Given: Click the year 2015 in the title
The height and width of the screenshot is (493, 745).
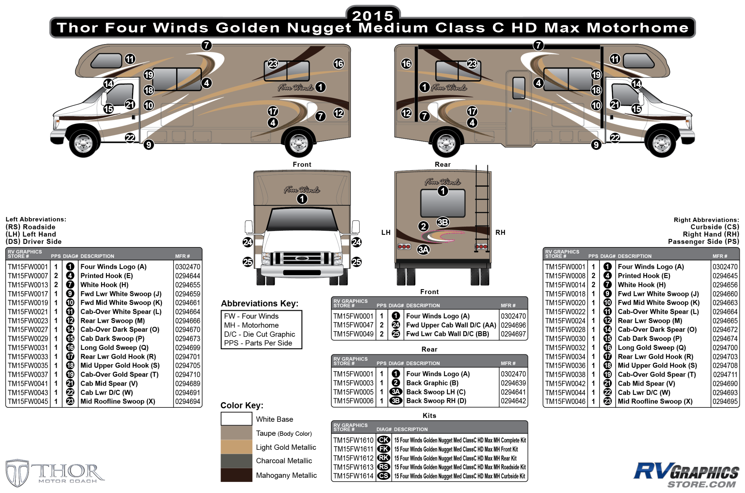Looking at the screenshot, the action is pyautogui.click(x=372, y=16).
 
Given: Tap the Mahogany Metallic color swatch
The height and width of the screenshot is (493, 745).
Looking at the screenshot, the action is pyautogui.click(x=236, y=475).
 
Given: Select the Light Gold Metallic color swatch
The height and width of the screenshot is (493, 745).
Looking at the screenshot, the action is pyautogui.click(x=236, y=447).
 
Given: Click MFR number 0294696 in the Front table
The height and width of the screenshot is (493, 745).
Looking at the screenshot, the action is pyautogui.click(x=513, y=325).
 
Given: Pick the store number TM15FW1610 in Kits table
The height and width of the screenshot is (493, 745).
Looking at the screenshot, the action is pyautogui.click(x=353, y=440).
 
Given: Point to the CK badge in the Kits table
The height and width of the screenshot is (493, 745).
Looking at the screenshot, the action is pyautogui.click(x=384, y=440).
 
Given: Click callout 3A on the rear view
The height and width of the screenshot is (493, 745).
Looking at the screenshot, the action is pyautogui.click(x=423, y=250).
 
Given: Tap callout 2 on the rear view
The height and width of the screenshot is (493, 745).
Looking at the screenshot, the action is pyautogui.click(x=423, y=226).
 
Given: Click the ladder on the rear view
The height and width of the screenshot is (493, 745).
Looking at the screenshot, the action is pyautogui.click(x=482, y=208).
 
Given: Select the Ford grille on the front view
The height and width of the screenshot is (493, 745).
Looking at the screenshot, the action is pyautogui.click(x=302, y=258).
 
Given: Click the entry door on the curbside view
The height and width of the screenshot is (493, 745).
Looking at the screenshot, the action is pyautogui.click(x=518, y=109).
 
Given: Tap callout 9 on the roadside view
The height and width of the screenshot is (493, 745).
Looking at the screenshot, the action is pyautogui.click(x=149, y=145).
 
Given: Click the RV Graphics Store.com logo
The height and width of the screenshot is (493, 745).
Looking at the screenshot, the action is pyautogui.click(x=686, y=475).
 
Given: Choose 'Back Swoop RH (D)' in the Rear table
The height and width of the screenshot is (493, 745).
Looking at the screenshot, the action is pyautogui.click(x=436, y=401).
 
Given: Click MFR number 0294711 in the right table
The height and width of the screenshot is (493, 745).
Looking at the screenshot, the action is pyautogui.click(x=725, y=374).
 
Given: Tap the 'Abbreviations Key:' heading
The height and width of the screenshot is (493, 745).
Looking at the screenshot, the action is pyautogui.click(x=260, y=303).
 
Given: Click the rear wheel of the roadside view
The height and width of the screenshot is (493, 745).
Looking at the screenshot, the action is pyautogui.click(x=299, y=143).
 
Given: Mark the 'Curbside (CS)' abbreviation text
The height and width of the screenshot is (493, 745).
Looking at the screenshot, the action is pyautogui.click(x=714, y=227).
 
